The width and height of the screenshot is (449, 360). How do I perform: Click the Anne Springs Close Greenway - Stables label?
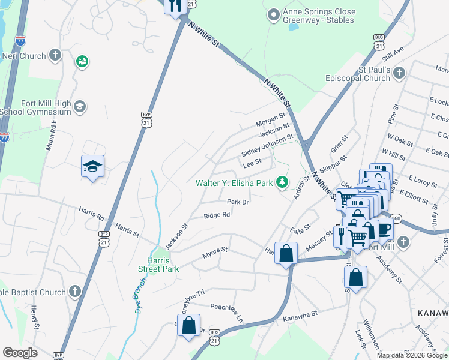tap(319, 16)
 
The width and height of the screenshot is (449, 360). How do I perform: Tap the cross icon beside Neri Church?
tap(55, 56)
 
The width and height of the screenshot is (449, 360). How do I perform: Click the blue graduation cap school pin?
tap(93, 166)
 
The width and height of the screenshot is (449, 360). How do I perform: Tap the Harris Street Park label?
tap(163, 265)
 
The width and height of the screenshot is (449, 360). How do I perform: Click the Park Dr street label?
tap(238, 202)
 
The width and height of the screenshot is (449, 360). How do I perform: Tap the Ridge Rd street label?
tap(217, 215)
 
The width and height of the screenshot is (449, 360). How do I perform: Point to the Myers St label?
tap(215, 250)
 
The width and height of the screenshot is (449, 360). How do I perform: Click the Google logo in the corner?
tap(20, 353)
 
